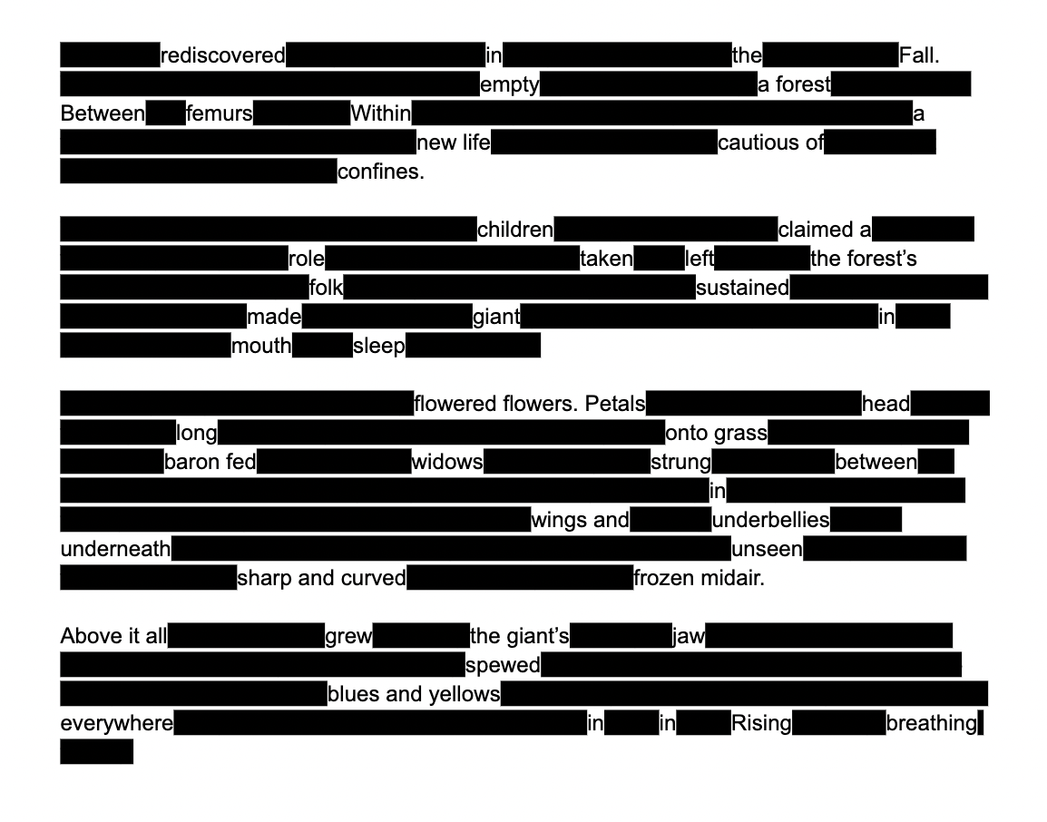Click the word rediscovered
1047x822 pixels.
point(222,55)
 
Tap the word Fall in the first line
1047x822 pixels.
point(916,55)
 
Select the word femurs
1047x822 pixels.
point(220,113)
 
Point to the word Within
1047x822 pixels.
point(380,113)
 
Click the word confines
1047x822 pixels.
point(379,171)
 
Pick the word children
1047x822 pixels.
point(515,230)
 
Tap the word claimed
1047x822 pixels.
point(817,230)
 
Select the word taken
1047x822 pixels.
point(606,259)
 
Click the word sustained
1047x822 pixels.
point(742,288)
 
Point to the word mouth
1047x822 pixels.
point(261,346)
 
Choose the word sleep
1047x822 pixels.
point(379,346)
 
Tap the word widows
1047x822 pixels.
point(446,462)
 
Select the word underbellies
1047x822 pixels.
point(770,520)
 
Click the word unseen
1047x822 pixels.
point(767,549)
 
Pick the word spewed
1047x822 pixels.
point(503,665)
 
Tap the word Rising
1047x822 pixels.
point(761,723)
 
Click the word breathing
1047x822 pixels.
point(932,723)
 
